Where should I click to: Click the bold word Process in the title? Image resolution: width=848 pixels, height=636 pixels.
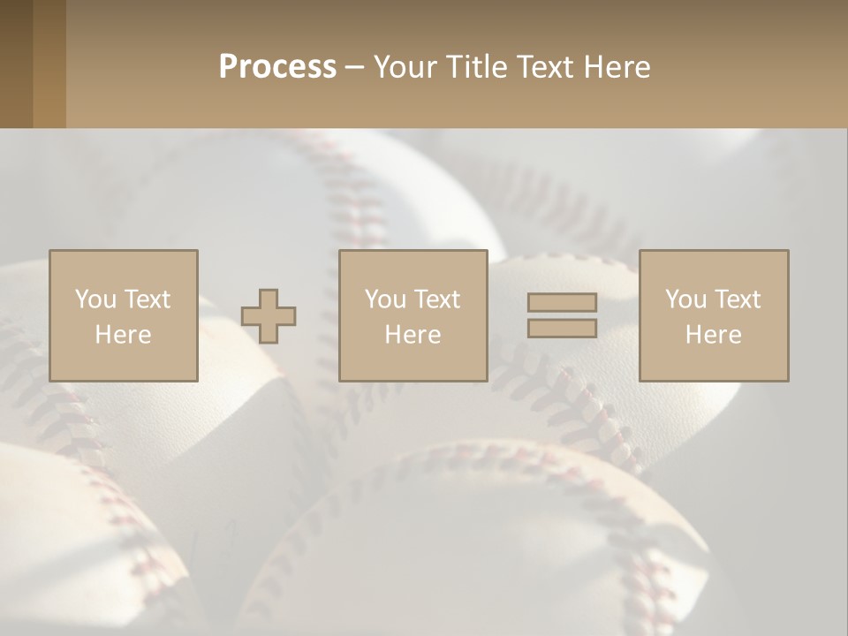(277, 67)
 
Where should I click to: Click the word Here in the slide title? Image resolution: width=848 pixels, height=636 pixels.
(619, 67)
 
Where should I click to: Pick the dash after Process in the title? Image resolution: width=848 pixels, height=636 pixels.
(354, 68)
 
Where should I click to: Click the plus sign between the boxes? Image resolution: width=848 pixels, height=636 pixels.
(269, 316)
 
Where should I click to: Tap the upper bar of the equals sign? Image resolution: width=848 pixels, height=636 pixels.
(562, 303)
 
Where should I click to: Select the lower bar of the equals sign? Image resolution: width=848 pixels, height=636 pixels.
(562, 328)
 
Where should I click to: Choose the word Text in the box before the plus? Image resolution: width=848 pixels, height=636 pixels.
(147, 299)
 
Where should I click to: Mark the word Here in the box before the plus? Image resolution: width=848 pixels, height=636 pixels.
(123, 335)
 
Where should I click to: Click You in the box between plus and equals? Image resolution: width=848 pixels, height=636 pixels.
(385, 299)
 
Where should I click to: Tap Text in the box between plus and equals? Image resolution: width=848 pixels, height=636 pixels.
(436, 299)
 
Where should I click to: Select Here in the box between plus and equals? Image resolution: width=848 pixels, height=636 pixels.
(413, 335)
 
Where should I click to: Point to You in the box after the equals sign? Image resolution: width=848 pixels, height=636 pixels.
(685, 299)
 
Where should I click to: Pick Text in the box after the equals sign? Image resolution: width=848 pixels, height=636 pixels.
(737, 299)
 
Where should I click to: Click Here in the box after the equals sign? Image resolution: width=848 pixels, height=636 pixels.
(713, 335)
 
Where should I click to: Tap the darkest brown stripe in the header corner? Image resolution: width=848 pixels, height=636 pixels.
(16, 64)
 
